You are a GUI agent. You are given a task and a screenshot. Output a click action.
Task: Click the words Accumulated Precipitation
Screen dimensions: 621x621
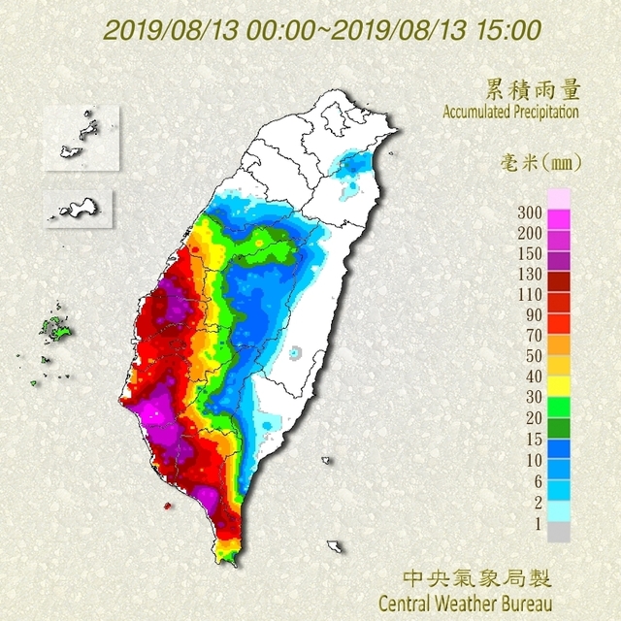[511, 113]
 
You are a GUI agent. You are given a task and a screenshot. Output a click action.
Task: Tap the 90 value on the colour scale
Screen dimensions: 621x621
[532, 314]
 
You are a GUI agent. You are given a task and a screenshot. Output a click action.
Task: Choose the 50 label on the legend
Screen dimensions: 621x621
[532, 355]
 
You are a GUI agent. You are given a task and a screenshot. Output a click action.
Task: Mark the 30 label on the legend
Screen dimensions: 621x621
[532, 396]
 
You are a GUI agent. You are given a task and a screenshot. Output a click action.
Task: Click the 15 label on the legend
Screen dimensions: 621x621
[532, 437]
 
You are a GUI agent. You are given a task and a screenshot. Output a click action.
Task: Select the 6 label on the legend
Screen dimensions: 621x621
[536, 477]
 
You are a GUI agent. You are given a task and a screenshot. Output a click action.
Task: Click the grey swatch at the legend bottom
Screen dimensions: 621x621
[558, 532]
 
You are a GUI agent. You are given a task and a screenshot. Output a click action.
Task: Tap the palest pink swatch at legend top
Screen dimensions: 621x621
[558, 198]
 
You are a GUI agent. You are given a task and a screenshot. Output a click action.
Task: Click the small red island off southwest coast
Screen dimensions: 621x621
[167, 506]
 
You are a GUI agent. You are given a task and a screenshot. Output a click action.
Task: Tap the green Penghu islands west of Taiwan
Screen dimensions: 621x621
[56, 331]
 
